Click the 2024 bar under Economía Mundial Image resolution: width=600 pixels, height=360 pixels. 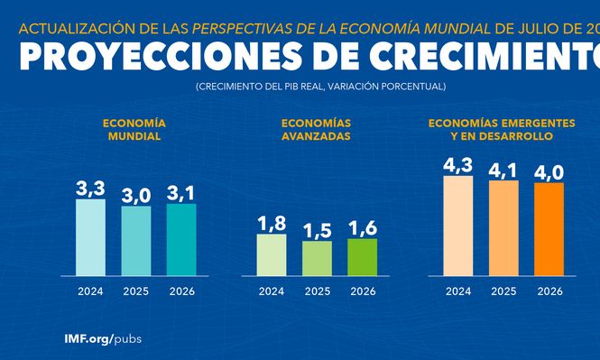(x=90, y=236)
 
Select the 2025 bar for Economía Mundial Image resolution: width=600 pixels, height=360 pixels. (x=135, y=240)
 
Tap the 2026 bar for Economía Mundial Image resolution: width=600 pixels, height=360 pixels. (x=181, y=239)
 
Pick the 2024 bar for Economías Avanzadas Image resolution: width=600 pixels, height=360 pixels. (x=272, y=254)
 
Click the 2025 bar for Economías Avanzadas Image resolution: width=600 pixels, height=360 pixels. (x=317, y=258)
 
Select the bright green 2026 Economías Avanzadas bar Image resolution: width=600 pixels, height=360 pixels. (x=363, y=256)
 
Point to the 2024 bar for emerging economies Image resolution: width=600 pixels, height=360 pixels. (x=458, y=225)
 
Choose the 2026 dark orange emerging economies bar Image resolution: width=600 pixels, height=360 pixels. (x=549, y=228)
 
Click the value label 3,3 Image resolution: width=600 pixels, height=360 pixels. (x=90, y=189)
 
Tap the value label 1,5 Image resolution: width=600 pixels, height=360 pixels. (x=317, y=230)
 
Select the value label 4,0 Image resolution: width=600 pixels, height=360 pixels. (x=549, y=171)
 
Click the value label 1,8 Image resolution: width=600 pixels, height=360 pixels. (x=272, y=224)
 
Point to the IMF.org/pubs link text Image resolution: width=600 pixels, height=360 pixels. (x=103, y=338)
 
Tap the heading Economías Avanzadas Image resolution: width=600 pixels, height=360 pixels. (x=316, y=129)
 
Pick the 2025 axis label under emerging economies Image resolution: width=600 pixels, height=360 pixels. (x=503, y=291)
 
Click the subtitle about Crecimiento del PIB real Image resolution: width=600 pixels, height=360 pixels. (x=319, y=86)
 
